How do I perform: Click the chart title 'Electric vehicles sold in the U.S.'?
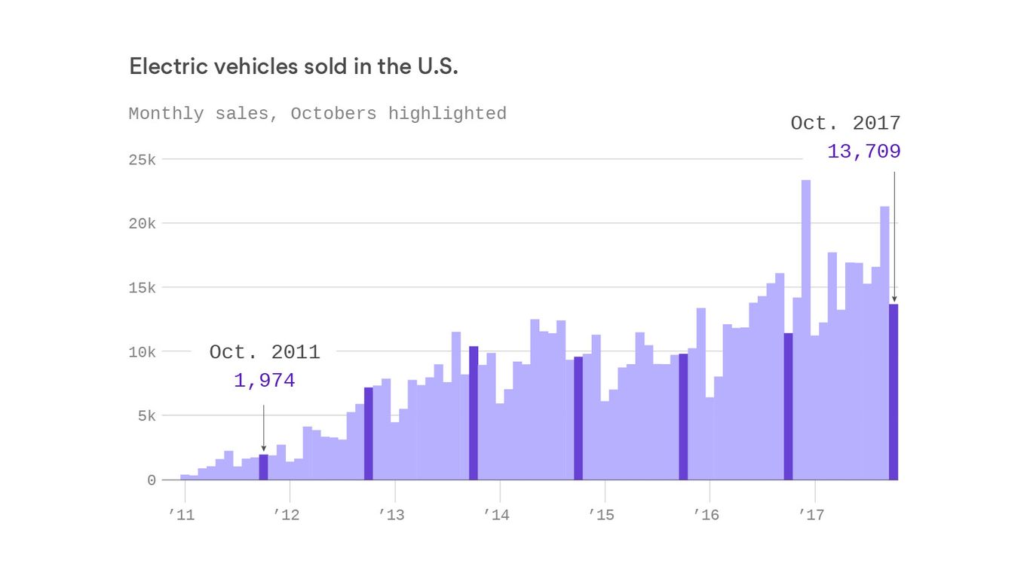coord(293,66)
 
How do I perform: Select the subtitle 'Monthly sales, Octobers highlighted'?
coord(317,114)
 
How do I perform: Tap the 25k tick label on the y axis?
coord(141,160)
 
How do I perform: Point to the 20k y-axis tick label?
coord(141,224)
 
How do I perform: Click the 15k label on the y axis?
coord(141,288)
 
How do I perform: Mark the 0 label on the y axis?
coord(152,480)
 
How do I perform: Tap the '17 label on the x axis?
coord(811,516)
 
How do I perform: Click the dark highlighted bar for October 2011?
coord(263,467)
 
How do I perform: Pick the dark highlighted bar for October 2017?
coord(894,392)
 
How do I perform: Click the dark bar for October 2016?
coord(788,406)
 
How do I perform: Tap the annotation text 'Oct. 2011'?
coord(265,352)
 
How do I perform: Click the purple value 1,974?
coord(264,381)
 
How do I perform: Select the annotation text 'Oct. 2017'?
coord(845,124)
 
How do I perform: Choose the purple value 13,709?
coord(863,152)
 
